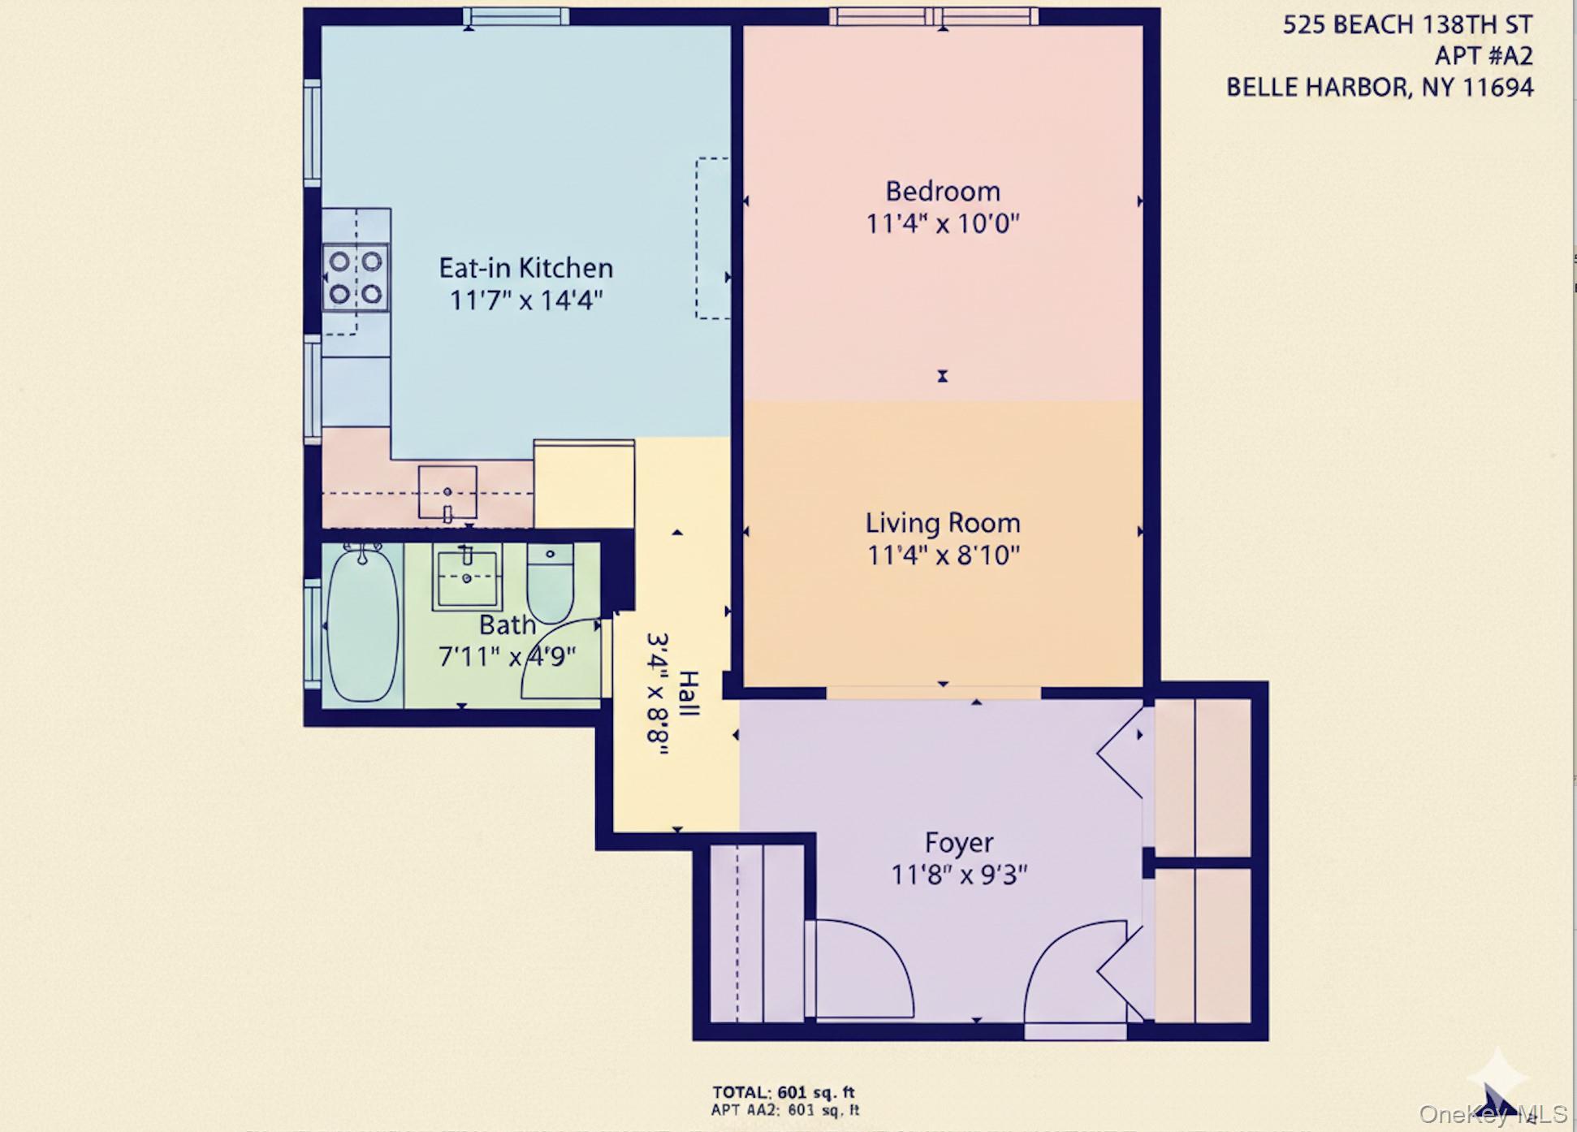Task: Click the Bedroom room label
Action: [x=942, y=192]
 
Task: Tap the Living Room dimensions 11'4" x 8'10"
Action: [x=943, y=555]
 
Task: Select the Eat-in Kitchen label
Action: [x=525, y=268]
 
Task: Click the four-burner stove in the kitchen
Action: [x=355, y=277]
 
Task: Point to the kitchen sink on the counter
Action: [x=447, y=492]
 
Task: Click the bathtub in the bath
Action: [x=362, y=625]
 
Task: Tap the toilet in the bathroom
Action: [x=550, y=583]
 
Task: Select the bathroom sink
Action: [x=467, y=577]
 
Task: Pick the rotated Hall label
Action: [x=687, y=693]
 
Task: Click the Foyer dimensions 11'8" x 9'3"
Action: [x=959, y=875]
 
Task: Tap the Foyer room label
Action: [x=959, y=843]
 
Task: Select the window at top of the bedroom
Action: [x=934, y=16]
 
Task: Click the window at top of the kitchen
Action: [x=516, y=16]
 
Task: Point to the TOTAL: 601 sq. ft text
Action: [x=783, y=1092]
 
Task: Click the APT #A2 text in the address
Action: [x=1483, y=56]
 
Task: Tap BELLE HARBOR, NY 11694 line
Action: [x=1379, y=87]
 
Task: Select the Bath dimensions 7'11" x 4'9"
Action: [x=507, y=656]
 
